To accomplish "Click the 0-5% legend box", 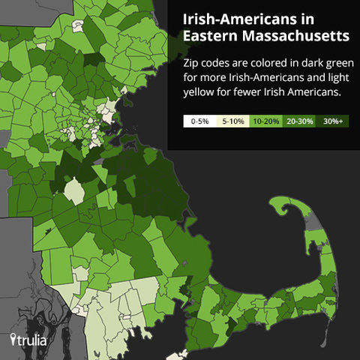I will point(200,120).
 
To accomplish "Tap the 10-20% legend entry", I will point(265,120).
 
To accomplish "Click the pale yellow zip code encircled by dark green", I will point(74,190).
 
